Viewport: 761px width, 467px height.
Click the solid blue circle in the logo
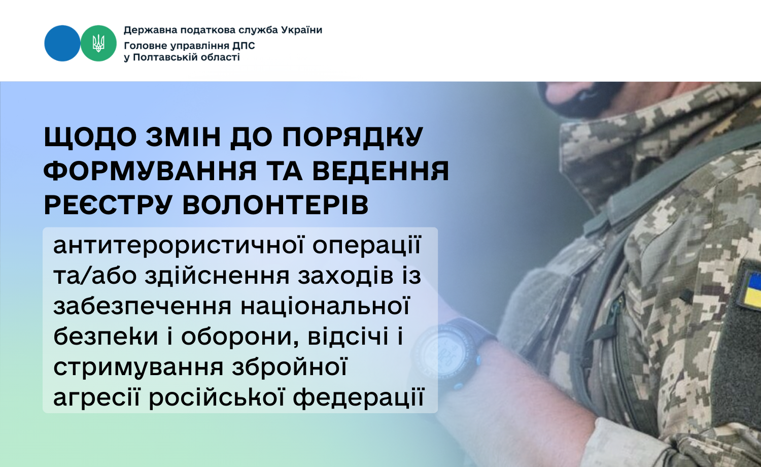(x=62, y=43)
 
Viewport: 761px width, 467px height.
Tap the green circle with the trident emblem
(x=98, y=43)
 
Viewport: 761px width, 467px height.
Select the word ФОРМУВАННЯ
(x=150, y=170)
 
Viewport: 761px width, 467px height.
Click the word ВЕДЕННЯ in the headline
(x=381, y=170)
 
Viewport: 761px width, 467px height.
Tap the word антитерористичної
(x=179, y=245)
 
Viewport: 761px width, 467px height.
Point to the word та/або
(x=95, y=276)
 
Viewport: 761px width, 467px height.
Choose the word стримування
(x=139, y=368)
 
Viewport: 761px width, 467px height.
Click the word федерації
(x=358, y=396)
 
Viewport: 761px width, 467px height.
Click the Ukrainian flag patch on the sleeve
(x=751, y=289)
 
